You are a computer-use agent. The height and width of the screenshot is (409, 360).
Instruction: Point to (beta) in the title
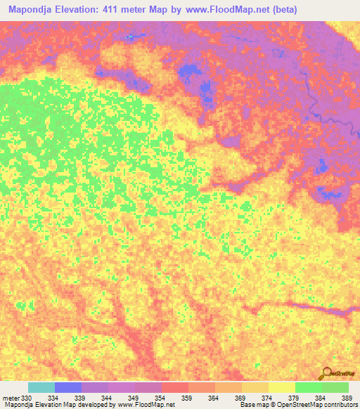[x=286, y=10]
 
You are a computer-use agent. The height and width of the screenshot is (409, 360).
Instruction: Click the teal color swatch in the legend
[x=41, y=387]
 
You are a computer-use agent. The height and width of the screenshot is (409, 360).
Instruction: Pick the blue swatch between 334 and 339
[x=67, y=387]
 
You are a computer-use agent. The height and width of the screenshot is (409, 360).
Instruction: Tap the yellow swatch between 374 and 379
[x=281, y=387]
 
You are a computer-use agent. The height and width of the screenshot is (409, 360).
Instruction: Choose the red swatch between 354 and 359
[x=174, y=387]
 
